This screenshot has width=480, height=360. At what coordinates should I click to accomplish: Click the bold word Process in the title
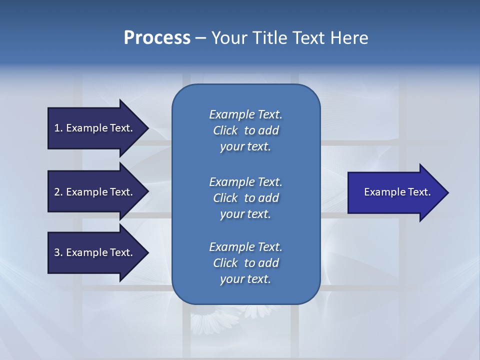coord(157,38)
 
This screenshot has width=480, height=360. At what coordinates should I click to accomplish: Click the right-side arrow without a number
coord(395,192)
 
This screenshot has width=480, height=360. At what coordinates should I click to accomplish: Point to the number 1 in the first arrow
coord(57,128)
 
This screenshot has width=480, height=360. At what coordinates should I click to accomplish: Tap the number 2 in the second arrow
coord(57,192)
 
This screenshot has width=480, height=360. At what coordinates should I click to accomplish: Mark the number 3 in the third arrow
coord(57,252)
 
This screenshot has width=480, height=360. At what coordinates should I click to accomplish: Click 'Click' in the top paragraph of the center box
coord(225,130)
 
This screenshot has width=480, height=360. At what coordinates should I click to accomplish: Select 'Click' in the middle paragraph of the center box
coord(225,198)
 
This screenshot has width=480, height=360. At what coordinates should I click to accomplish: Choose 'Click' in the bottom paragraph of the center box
coord(225,263)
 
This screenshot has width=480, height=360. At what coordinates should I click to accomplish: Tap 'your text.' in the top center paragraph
coord(245,146)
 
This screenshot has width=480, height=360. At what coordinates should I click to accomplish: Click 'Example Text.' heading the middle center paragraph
coord(245,181)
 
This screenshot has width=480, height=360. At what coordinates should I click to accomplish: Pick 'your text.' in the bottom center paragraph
coord(245,279)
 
